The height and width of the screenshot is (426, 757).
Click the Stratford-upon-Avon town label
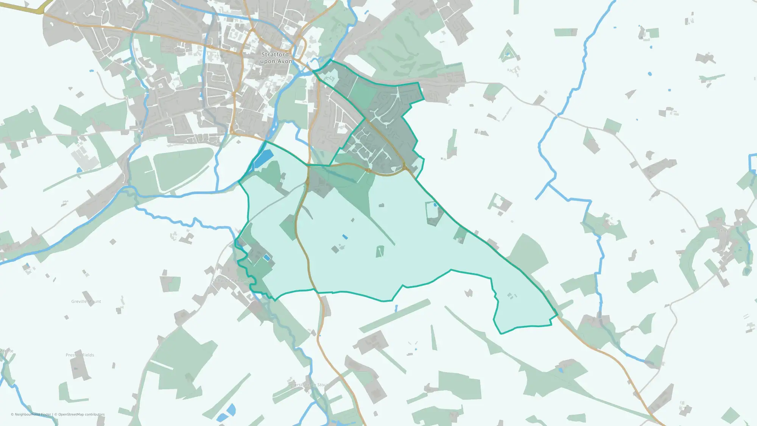click(276, 58)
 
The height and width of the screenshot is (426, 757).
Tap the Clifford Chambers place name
click(231, 281)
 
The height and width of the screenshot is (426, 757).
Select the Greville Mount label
click(86, 302)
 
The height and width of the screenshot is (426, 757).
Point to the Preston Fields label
click(80, 355)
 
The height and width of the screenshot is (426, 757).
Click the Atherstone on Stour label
click(308, 385)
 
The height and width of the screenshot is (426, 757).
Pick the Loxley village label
click(722, 230)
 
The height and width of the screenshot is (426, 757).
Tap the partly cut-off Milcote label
click(6, 351)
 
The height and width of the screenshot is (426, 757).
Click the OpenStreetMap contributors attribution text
click(81, 415)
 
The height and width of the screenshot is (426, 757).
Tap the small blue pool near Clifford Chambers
click(267, 258)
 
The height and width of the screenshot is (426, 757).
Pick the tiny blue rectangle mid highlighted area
click(345, 237)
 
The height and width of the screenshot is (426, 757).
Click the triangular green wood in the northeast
click(508, 53)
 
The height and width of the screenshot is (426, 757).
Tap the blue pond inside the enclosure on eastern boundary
click(435, 205)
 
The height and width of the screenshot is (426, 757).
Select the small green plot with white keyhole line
click(380, 251)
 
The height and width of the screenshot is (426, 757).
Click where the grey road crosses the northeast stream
click(558, 116)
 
